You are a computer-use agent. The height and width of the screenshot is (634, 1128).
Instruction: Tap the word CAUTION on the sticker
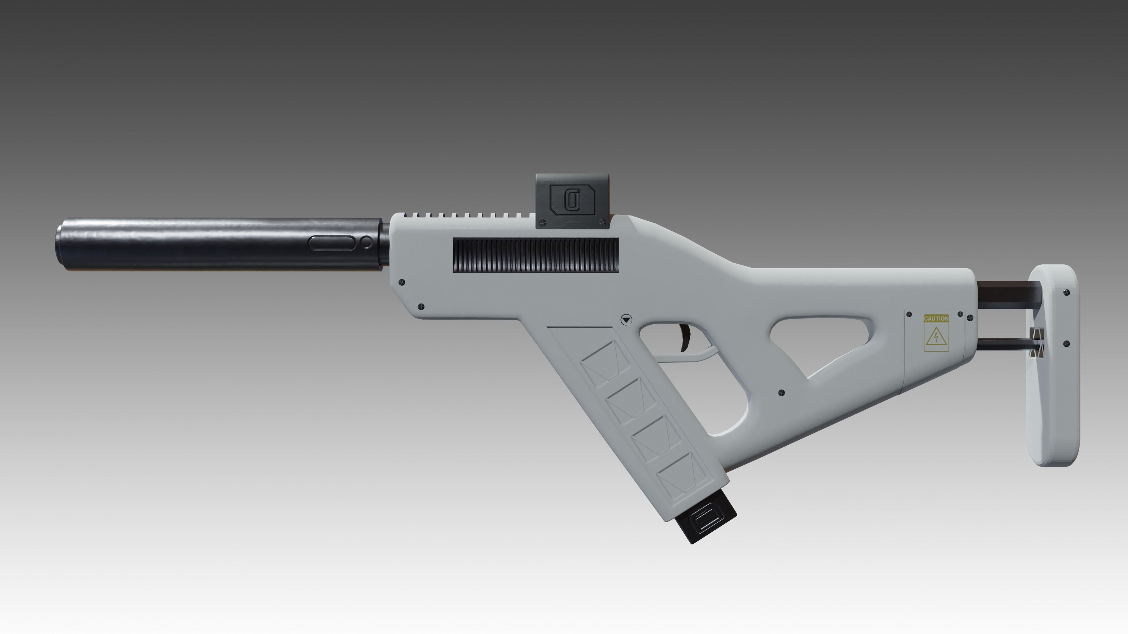(936, 318)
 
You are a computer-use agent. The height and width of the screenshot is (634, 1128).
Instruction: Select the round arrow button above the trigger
(627, 320)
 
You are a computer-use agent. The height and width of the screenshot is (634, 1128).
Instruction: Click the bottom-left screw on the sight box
(542, 223)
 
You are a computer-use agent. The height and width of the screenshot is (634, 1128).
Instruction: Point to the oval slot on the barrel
(332, 243)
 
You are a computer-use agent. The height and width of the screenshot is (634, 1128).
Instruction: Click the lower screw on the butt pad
(1066, 344)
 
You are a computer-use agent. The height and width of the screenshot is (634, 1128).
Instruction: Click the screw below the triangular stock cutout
(782, 393)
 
